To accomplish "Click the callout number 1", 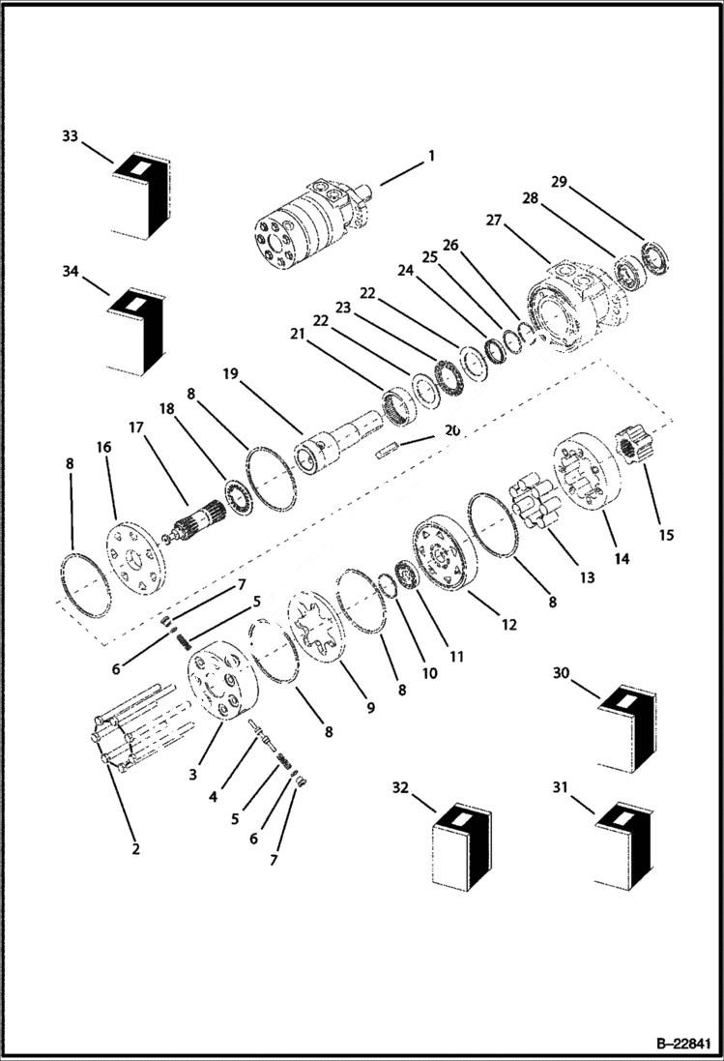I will click(x=431, y=156).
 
